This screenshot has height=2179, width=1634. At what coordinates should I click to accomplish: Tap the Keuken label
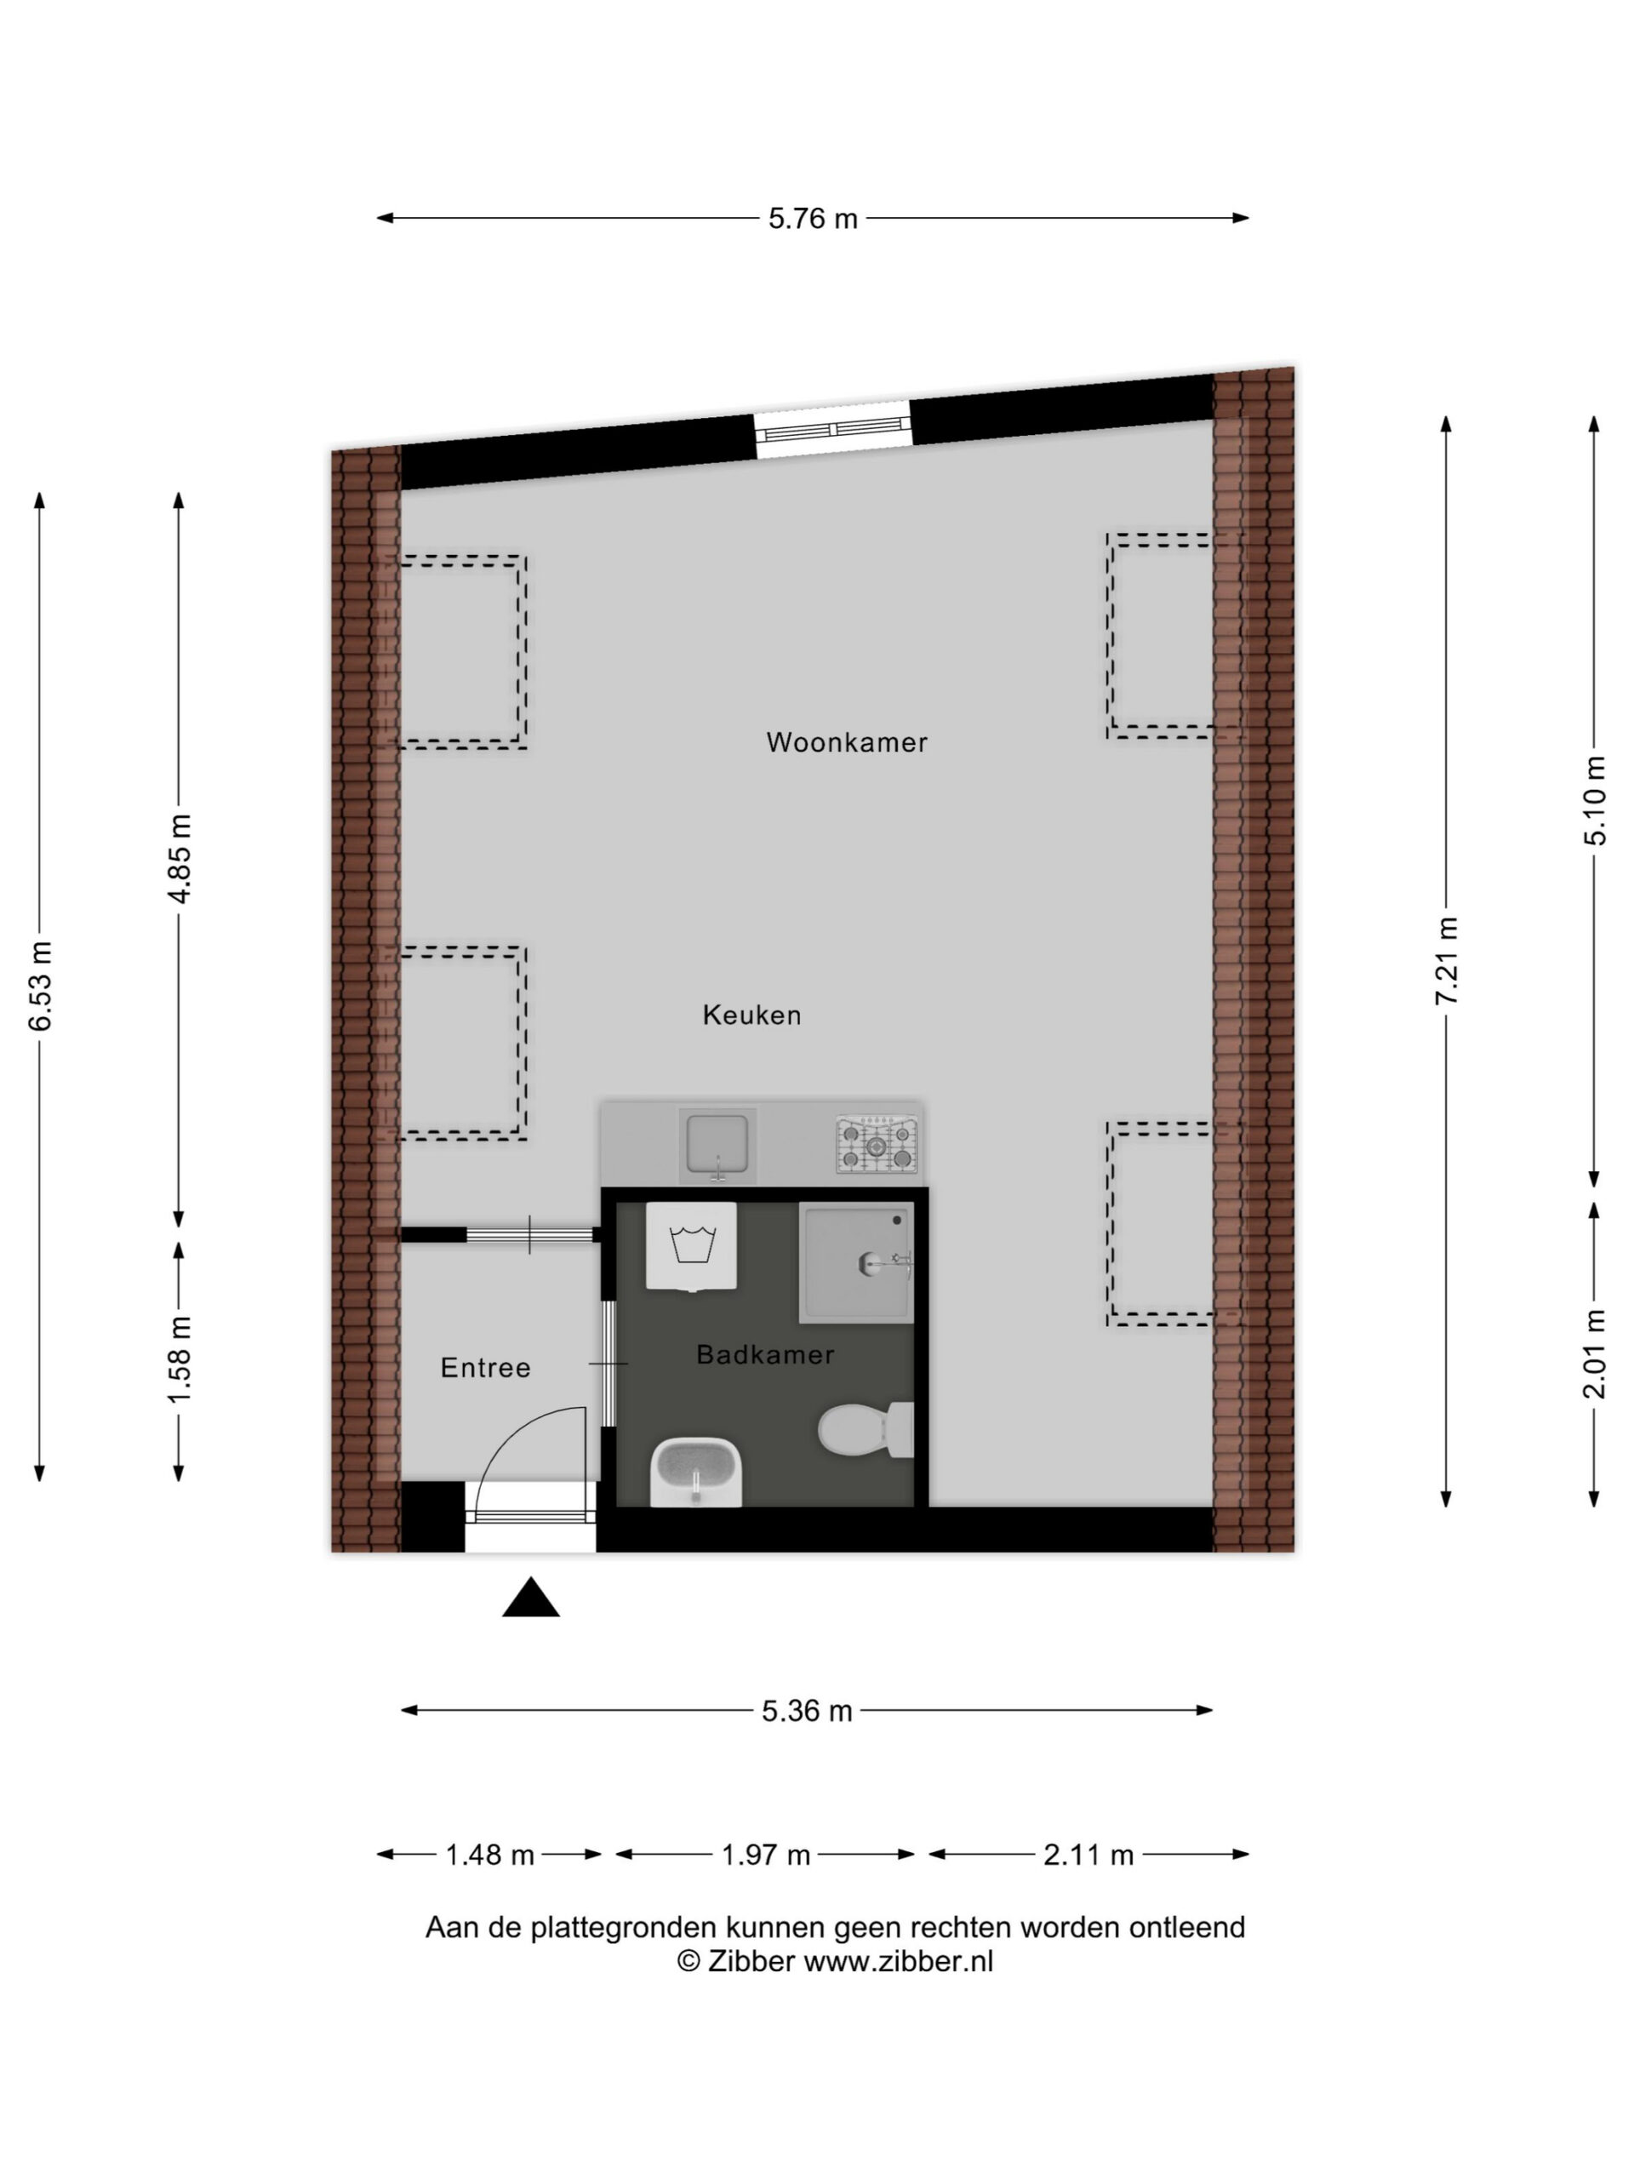(751, 1015)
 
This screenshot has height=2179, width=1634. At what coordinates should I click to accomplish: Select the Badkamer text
(765, 1354)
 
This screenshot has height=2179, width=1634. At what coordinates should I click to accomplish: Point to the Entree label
(486, 1367)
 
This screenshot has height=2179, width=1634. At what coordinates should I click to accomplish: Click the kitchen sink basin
(717, 1144)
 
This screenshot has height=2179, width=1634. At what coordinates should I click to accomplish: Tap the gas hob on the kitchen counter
(876, 1144)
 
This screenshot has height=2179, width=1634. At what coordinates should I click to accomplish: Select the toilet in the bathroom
(866, 1430)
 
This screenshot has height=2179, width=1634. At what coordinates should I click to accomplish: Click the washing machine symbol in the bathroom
(690, 1245)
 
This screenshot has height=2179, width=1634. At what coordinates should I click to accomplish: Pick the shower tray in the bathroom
(857, 1263)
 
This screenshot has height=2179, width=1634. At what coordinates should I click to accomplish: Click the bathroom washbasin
(696, 1472)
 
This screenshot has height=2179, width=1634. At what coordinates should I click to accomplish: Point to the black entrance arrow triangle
(531, 1597)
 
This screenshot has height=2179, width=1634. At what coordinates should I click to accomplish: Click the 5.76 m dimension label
(813, 218)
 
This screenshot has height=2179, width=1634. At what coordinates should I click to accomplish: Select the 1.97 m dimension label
(765, 1855)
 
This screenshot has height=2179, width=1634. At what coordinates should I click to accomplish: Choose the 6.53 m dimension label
(40, 986)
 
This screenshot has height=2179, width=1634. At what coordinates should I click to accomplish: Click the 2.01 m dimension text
(1595, 1353)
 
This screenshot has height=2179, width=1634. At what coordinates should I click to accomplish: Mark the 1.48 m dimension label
(489, 1855)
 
